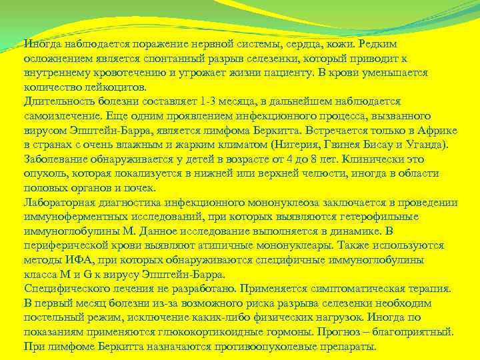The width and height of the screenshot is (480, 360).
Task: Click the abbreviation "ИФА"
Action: click(x=81, y=260)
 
